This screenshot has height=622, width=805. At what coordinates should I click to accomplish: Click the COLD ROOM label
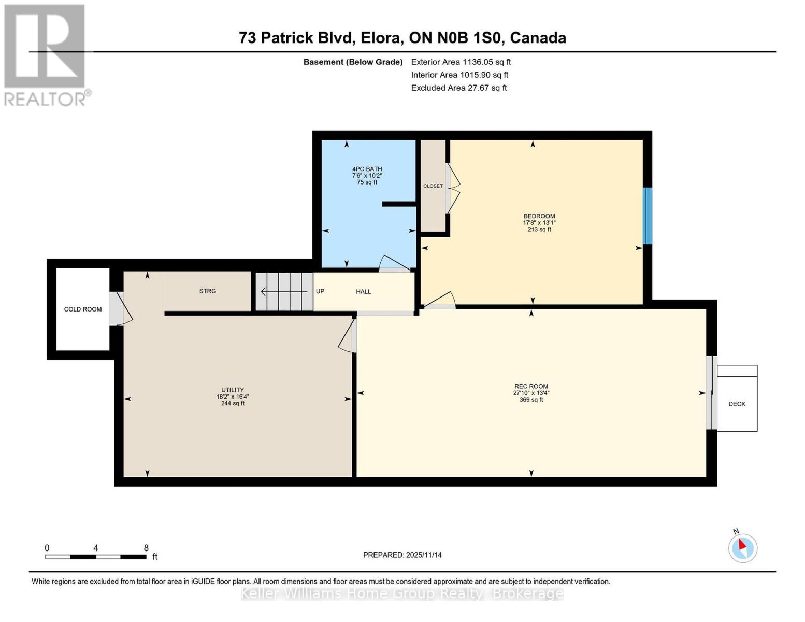83,309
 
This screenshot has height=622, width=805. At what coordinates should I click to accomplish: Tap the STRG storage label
207,291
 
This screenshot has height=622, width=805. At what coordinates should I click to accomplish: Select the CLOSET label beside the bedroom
433,186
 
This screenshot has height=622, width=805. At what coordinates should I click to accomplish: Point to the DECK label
737,404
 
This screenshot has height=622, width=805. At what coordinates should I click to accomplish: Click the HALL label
363,292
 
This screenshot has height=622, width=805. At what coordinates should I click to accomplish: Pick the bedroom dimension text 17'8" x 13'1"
539,223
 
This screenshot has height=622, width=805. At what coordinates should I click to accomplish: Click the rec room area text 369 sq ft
531,400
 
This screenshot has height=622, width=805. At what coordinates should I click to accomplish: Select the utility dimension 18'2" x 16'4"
233,397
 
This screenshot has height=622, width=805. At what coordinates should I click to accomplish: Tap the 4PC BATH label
367,169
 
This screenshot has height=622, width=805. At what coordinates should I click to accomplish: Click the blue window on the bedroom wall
647,216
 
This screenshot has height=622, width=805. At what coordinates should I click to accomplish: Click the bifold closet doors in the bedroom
453,189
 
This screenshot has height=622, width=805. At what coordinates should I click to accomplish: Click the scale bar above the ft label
95,557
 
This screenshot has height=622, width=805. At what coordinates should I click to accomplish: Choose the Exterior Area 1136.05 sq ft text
461,62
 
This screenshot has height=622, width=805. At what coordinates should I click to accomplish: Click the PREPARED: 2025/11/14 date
402,555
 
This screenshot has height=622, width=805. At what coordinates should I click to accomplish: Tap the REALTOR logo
46,55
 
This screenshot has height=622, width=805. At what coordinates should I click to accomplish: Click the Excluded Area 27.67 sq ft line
458,88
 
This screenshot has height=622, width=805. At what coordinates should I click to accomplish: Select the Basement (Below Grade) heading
353,62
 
